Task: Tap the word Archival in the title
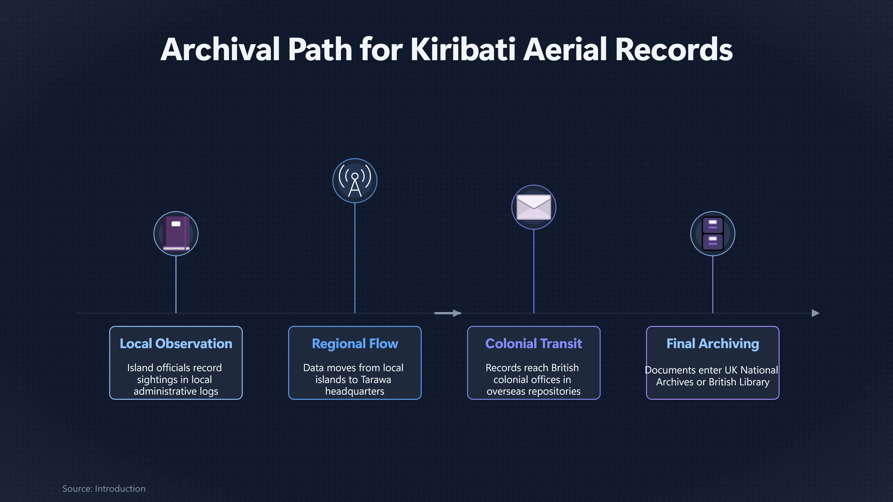[220, 49]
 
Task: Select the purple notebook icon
[176, 234]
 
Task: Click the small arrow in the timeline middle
[447, 313]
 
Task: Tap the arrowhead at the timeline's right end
[816, 313]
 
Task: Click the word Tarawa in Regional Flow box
[376, 380]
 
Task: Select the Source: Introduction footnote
[104, 489]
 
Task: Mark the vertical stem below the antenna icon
[355, 258]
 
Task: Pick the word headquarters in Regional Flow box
[355, 391]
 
